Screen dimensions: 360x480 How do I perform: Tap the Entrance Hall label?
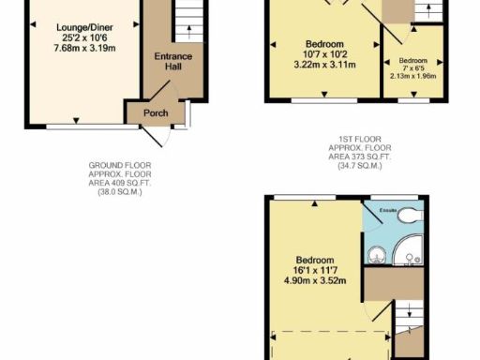tap(172, 62)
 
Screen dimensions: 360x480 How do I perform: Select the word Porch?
tap(155, 113)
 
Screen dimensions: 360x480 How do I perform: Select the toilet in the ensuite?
tap(409, 215)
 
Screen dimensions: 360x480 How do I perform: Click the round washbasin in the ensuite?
tap(377, 252)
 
